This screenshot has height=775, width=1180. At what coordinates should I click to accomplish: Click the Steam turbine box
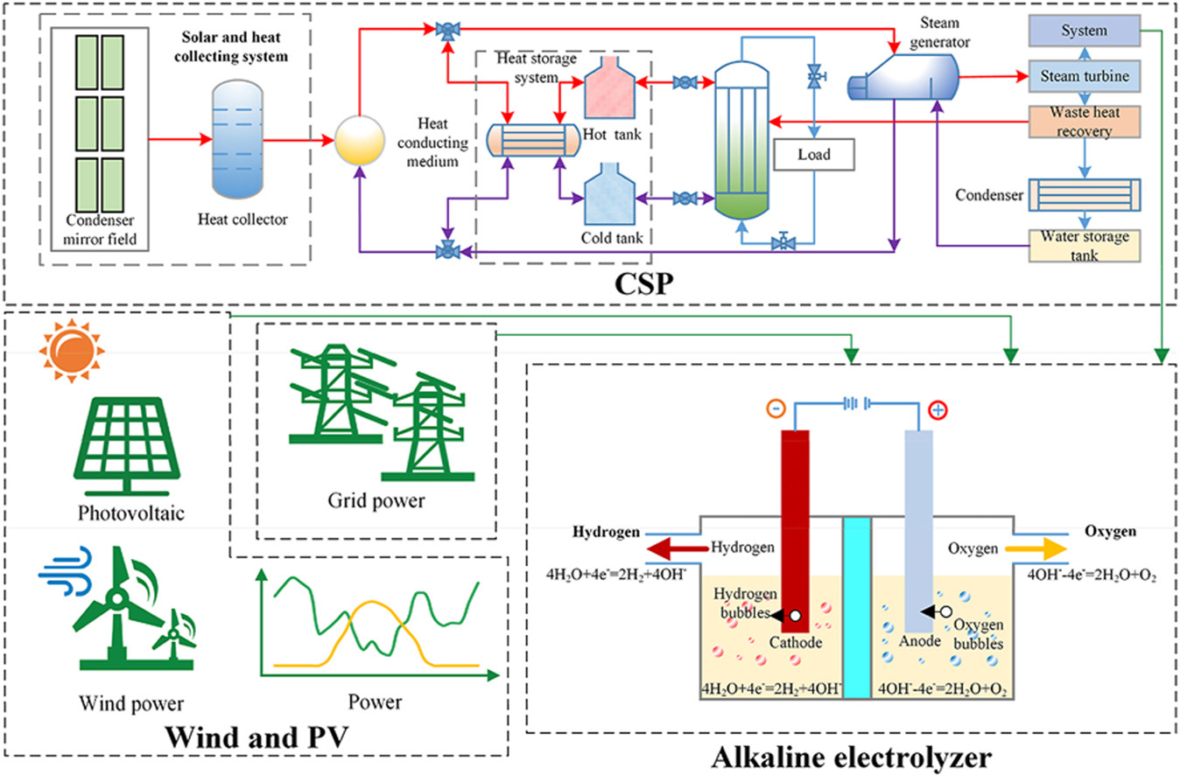1084,77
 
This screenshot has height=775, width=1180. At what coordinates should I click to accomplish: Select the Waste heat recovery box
1084,122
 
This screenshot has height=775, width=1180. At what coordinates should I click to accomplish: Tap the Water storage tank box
1084,246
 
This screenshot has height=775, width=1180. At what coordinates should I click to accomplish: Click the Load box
813,156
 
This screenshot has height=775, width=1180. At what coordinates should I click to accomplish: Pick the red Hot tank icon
613,87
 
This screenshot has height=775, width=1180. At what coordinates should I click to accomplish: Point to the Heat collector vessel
239,140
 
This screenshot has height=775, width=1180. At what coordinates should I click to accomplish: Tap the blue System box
1084,31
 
